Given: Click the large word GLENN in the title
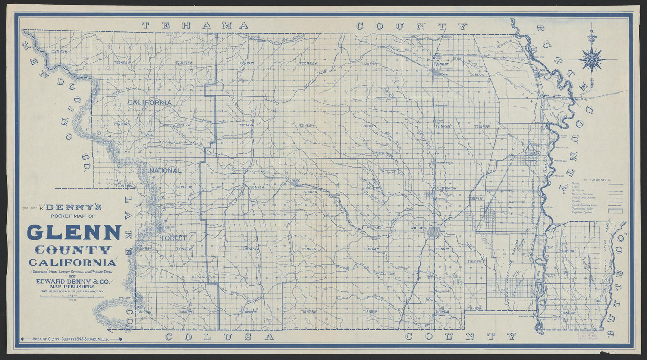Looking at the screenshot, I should coord(74,232).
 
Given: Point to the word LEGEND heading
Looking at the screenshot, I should coord(600,180).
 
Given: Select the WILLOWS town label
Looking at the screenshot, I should coord(419,228).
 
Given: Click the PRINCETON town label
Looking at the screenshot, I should coord(527,316).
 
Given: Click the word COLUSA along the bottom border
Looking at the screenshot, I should coord(219,336).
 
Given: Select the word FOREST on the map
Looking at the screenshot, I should coord(174,238).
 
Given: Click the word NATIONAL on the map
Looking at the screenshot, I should coord(165,171).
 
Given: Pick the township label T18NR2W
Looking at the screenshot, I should coord(474,309).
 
